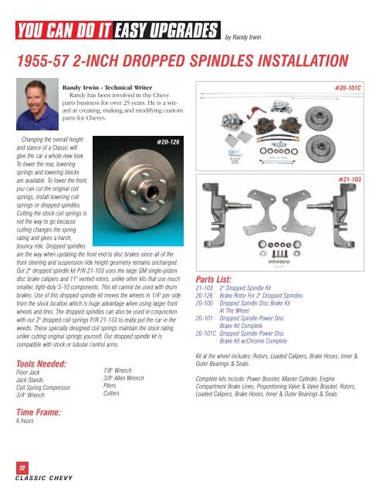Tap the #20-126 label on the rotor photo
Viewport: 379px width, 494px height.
(168, 142)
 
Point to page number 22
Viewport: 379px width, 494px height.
(24, 467)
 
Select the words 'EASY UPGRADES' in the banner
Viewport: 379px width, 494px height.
(164, 32)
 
